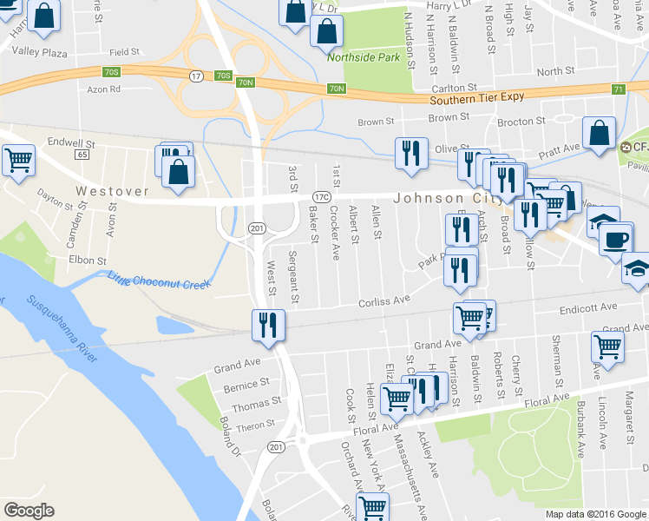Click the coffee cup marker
click(x=617, y=239)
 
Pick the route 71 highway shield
click(x=619, y=89)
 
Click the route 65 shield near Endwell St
click(x=82, y=154)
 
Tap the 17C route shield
click(x=320, y=196)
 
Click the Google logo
click(x=29, y=510)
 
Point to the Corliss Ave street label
click(x=384, y=300)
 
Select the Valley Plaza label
click(x=37, y=53)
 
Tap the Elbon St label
click(x=88, y=260)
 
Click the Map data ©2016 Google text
click(x=596, y=514)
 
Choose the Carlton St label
click(x=456, y=88)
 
